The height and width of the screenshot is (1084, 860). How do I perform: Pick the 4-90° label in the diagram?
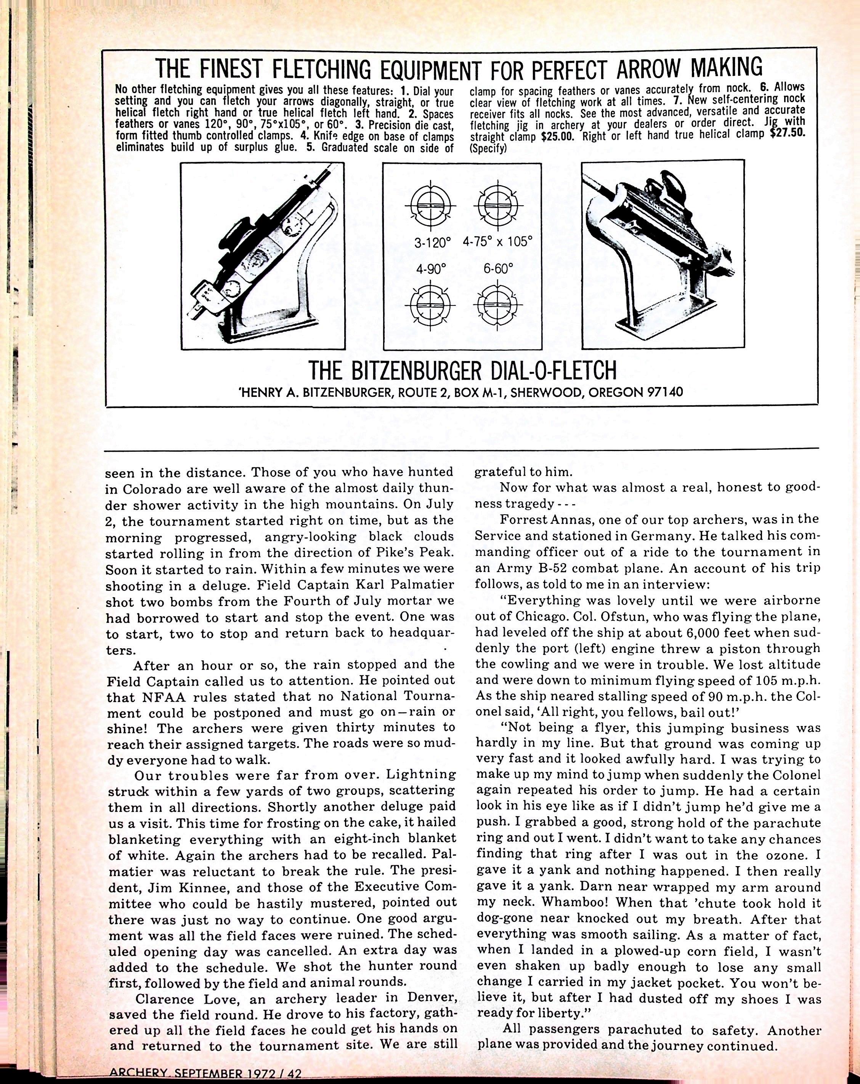pyautogui.click(x=431, y=269)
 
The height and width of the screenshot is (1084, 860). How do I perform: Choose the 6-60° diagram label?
pyautogui.click(x=498, y=269)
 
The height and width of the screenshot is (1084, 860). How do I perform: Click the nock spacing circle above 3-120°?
pyautogui.click(x=431, y=207)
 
